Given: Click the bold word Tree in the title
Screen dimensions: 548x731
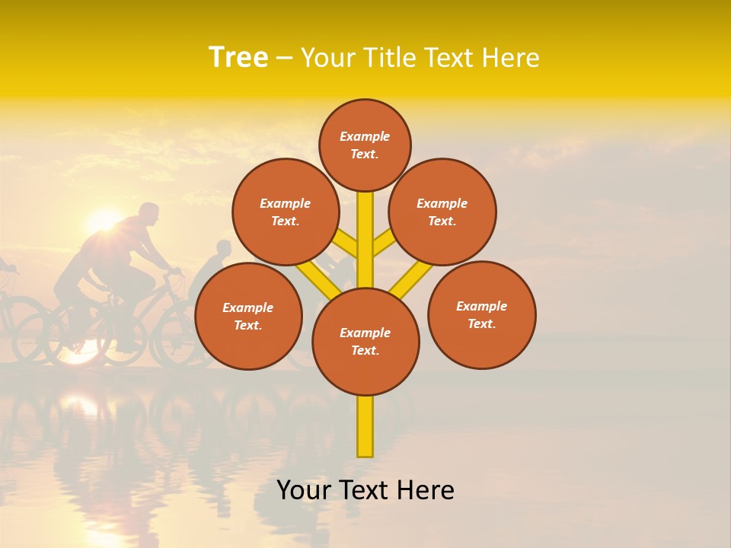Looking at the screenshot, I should (x=238, y=57).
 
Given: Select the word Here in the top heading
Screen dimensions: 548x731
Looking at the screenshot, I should (x=510, y=57).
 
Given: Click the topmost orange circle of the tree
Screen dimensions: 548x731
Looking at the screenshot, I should (x=365, y=145).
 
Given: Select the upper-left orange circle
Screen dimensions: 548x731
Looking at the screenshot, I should (x=286, y=212).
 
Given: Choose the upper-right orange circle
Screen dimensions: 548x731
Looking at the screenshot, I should (x=442, y=212).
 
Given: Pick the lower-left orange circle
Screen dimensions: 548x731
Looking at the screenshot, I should (x=248, y=316).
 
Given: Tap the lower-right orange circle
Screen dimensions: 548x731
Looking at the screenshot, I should (x=482, y=314).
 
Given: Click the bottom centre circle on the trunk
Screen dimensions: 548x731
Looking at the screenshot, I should (x=365, y=341).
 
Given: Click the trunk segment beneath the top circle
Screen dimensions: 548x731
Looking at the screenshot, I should (x=365, y=236).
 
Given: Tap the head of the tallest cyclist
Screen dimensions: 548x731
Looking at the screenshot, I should (x=149, y=213).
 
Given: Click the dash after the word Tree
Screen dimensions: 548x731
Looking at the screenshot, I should (x=284, y=58).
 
